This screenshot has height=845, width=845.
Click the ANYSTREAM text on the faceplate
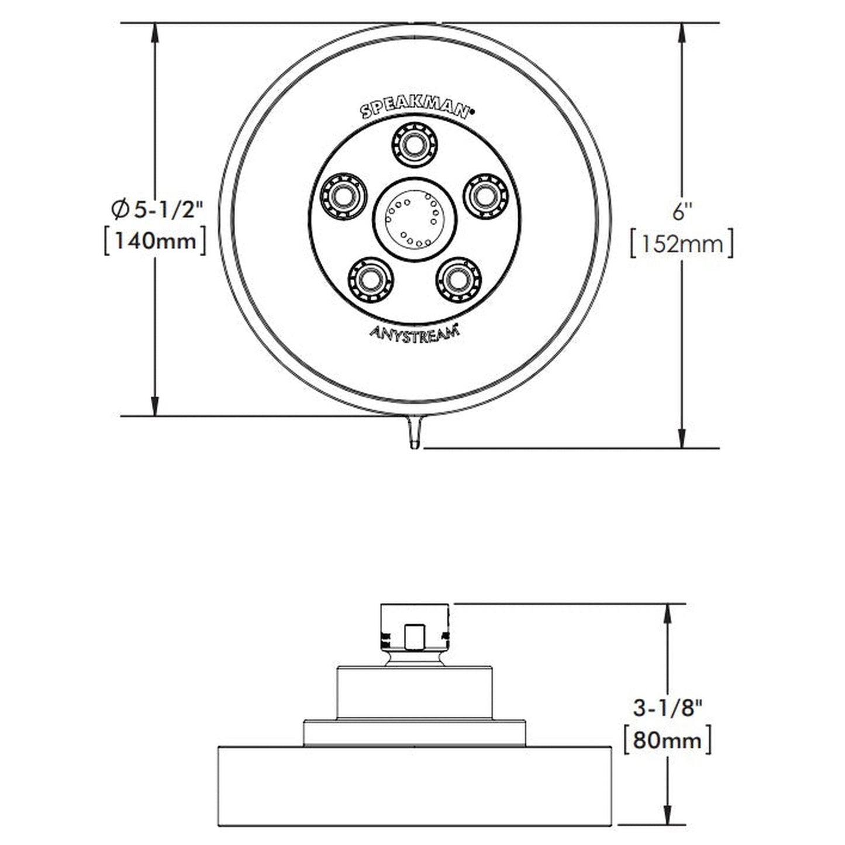(414, 332)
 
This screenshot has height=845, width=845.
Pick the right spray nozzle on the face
(486, 195)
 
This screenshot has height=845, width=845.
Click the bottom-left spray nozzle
(370, 280)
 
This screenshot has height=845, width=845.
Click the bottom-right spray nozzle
(458, 280)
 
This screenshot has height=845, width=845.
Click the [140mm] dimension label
(155, 241)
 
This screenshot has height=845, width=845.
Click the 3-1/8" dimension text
(667, 709)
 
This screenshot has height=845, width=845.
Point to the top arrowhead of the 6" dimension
(682, 32)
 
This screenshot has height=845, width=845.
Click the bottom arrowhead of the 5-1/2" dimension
(155, 406)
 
